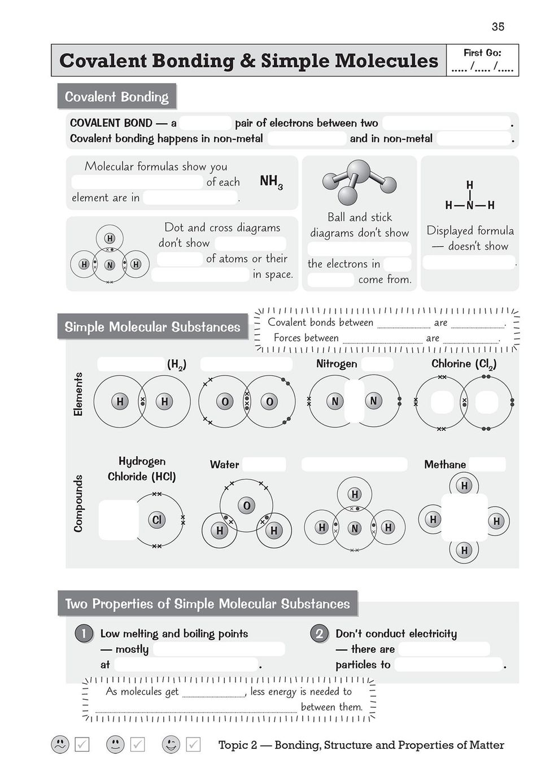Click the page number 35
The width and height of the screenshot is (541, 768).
click(498, 27)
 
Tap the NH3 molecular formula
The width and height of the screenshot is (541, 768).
click(271, 181)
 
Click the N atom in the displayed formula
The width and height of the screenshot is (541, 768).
click(470, 206)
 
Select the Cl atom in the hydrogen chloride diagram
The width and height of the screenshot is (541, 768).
click(157, 520)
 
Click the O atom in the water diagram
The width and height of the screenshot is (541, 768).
click(246, 505)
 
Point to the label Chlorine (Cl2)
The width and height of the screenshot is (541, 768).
click(464, 364)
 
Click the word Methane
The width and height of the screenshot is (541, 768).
click(445, 464)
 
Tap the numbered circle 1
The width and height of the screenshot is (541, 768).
click(84, 633)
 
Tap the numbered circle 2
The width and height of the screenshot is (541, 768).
click(319, 633)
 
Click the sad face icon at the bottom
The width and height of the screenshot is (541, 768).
click(60, 744)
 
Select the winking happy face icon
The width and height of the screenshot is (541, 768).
click(171, 744)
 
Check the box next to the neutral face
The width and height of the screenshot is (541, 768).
click(138, 744)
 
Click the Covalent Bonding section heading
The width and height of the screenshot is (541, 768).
click(116, 97)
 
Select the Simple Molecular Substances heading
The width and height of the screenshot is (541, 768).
click(152, 327)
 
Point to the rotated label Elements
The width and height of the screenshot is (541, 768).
click(78, 394)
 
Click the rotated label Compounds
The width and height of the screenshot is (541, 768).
click(78, 503)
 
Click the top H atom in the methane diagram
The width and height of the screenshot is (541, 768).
click(464, 486)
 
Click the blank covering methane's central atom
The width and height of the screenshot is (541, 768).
click(464, 517)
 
